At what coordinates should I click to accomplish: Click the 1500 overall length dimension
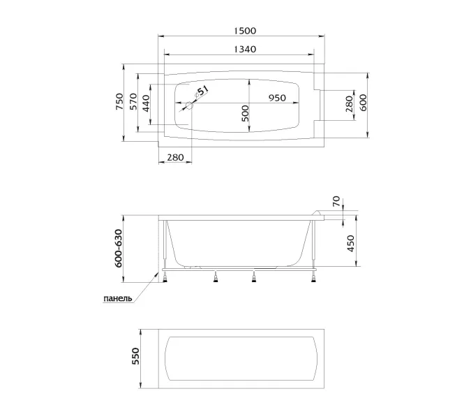[x=245, y=31]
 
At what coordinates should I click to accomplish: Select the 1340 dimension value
[x=245, y=49]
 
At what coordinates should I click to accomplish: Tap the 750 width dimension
[x=119, y=101]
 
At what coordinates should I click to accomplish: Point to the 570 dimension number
[x=133, y=101]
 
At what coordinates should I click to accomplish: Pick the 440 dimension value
[x=146, y=103]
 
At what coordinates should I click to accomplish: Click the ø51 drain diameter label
[x=202, y=91]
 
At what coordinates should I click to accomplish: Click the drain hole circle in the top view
[x=190, y=105]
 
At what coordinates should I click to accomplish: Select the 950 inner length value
[x=277, y=98]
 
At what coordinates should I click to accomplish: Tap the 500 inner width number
[x=246, y=113]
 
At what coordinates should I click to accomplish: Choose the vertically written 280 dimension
[x=349, y=104]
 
